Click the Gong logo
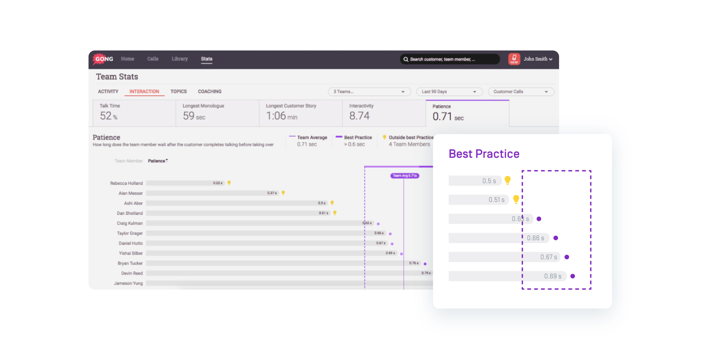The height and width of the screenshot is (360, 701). [103, 59]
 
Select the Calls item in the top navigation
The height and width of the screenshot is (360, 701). [153, 59]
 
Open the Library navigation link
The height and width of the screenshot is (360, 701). [179, 59]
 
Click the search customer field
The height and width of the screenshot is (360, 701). [449, 59]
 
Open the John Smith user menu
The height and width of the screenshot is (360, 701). [537, 59]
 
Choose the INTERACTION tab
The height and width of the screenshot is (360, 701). [144, 92]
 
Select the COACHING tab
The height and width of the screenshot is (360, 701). [209, 92]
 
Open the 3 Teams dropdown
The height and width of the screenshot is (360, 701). [369, 92]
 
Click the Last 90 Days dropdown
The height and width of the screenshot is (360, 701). [449, 92]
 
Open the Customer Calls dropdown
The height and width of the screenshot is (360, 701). [521, 92]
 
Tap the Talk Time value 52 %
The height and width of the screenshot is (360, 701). [109, 116]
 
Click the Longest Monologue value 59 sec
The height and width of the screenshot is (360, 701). [194, 116]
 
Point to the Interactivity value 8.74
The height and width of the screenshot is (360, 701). [359, 116]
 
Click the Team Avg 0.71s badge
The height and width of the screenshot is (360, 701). [404, 176]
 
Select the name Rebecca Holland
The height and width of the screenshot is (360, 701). [126, 183]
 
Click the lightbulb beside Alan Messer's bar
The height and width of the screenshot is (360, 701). [283, 193]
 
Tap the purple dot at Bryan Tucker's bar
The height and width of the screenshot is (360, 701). [425, 264]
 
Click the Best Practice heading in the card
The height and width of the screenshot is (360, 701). [484, 154]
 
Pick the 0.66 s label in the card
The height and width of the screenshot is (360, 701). [535, 238]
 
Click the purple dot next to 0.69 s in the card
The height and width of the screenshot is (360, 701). [572, 276]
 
